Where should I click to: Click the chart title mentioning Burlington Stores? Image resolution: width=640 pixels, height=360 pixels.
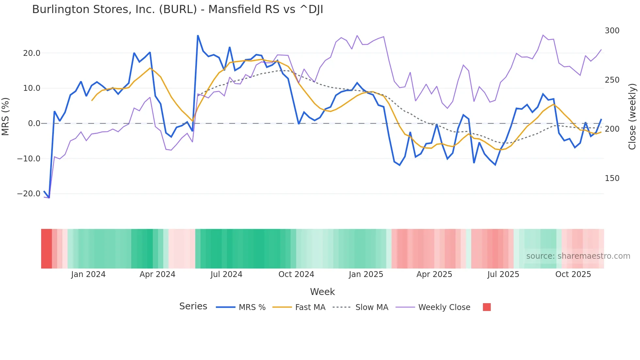[x=178, y=9]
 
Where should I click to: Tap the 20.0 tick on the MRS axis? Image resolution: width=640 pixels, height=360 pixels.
[x=31, y=53]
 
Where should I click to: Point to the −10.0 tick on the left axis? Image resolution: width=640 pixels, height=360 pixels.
[x=29, y=159]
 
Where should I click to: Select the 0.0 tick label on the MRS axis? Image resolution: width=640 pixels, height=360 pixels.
[x=34, y=123]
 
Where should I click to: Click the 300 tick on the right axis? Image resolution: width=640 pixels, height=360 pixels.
[x=612, y=31]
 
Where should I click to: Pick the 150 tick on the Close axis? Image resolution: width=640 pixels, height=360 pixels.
[x=612, y=178]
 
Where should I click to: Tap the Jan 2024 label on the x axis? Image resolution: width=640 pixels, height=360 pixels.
[x=88, y=274]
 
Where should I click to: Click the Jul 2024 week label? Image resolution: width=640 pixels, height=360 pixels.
[x=226, y=274]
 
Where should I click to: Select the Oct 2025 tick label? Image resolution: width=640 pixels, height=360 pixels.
[x=573, y=274]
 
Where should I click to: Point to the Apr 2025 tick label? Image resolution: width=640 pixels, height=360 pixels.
[x=434, y=274]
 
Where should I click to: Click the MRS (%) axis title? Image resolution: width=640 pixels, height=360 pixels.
[x=6, y=116]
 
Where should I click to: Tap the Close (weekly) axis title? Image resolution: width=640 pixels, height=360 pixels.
[x=632, y=116]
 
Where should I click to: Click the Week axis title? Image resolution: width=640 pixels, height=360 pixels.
[x=322, y=292]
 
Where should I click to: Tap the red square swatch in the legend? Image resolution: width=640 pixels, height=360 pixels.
[x=487, y=307]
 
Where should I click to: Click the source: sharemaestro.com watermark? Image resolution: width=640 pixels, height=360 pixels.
[x=578, y=256]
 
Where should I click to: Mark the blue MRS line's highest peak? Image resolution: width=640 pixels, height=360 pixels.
[x=198, y=36]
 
